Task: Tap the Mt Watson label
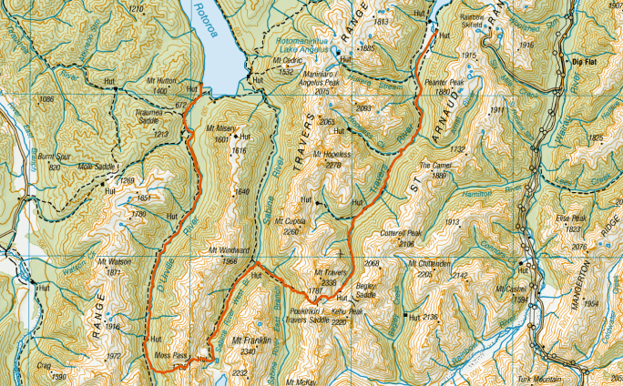click(x=119, y=262)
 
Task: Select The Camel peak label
click(x=434, y=167)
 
